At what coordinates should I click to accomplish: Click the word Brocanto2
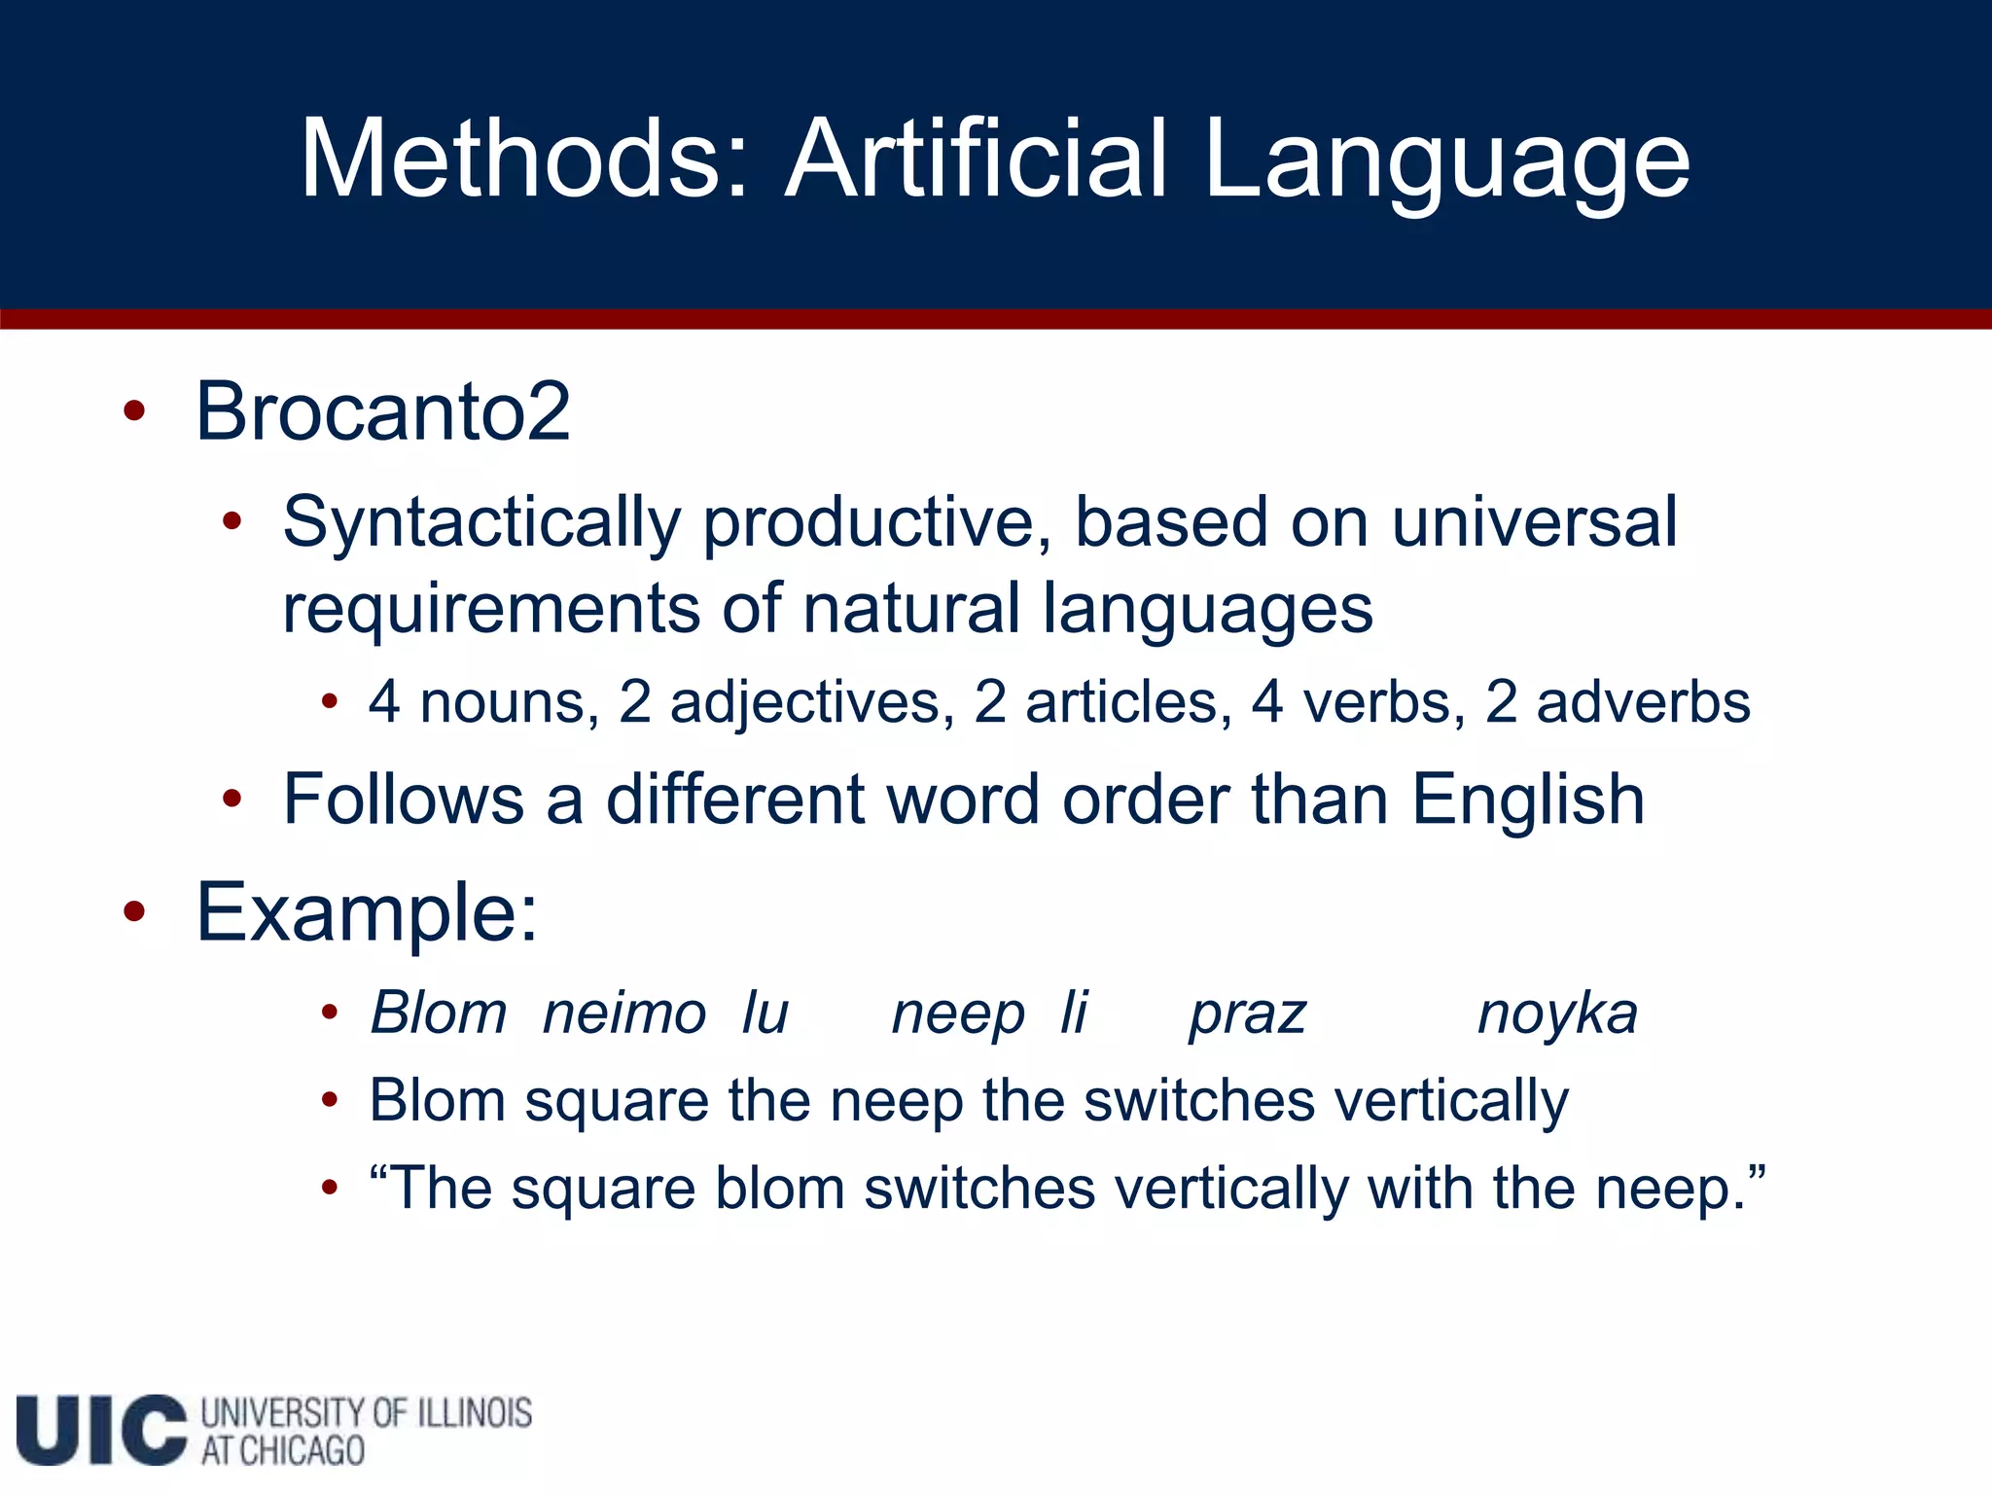click(383, 411)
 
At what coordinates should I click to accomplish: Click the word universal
click(1534, 522)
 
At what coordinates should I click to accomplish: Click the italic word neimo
click(624, 1014)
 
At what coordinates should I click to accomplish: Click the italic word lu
click(765, 1014)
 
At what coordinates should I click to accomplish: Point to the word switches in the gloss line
click(1199, 1101)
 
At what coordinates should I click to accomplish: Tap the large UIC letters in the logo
click(101, 1430)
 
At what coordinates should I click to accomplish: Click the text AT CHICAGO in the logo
click(283, 1451)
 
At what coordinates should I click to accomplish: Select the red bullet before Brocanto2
click(134, 411)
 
